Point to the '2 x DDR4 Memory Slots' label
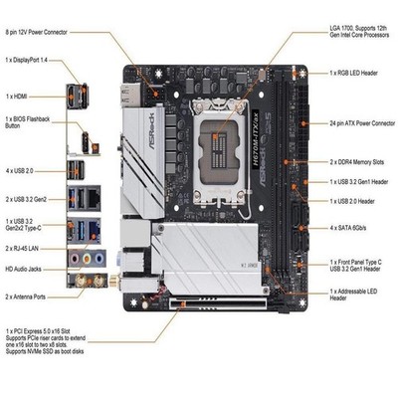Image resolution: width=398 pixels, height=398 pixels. pyautogui.click(x=360, y=159)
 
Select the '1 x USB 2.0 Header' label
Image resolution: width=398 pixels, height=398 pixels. pyautogui.click(x=355, y=201)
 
